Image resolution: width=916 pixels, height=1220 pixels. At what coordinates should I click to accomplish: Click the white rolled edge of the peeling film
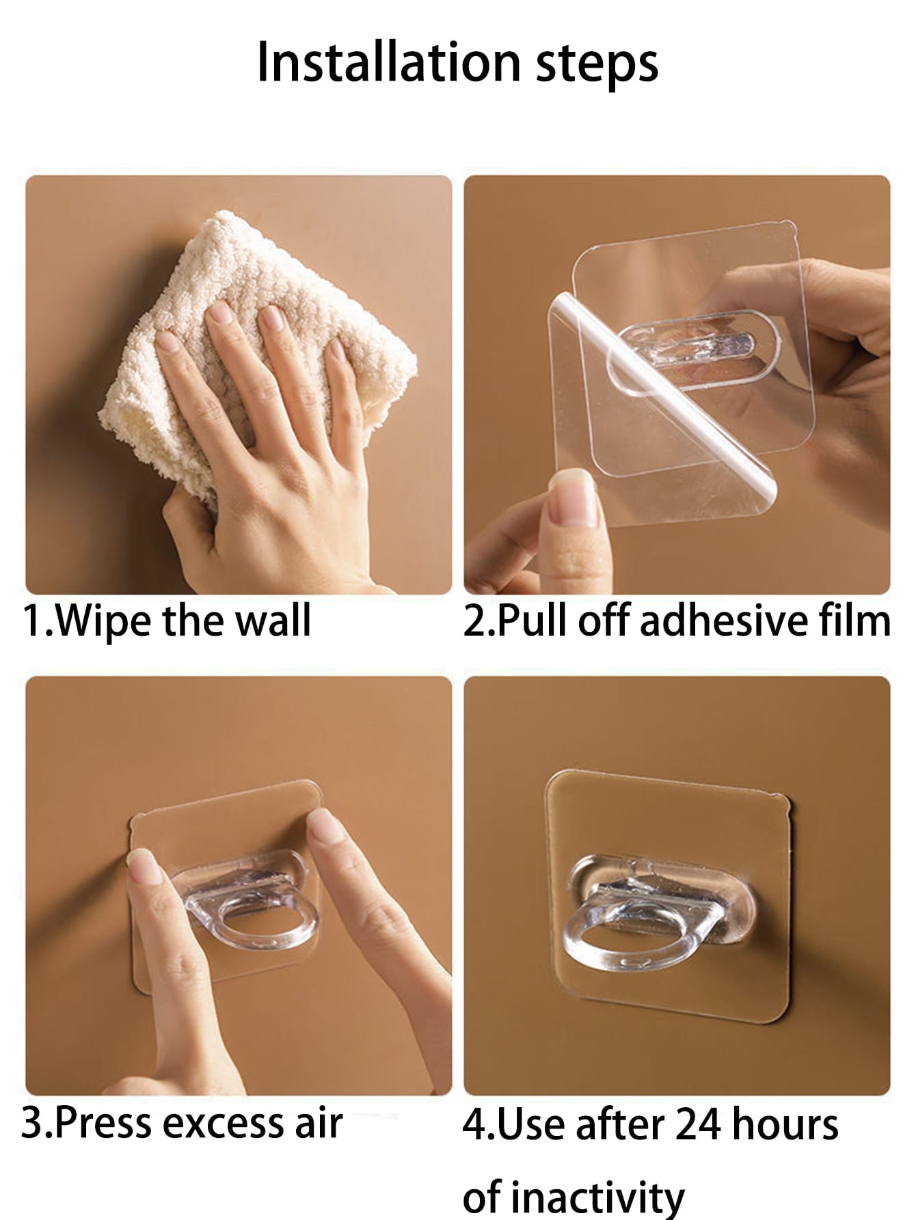coord(663,396)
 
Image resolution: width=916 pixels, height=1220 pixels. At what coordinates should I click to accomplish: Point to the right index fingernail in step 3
coord(326,826)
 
